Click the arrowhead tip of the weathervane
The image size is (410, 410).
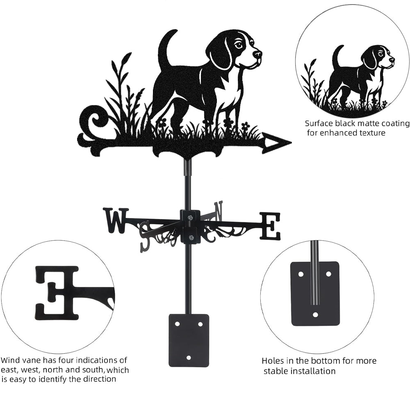291,143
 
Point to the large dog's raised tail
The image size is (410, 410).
167,49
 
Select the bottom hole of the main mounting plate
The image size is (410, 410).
189,357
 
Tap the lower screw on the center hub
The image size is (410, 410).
191,237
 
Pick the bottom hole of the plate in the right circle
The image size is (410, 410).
315,314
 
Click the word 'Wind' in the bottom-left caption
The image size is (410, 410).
10,360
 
